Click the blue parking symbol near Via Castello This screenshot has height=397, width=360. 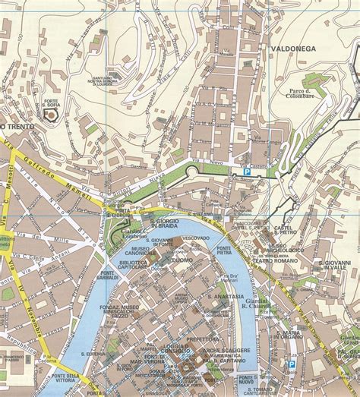pyautogui.click(x=246, y=173)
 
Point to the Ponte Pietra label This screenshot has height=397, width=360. pyautogui.click(x=224, y=251)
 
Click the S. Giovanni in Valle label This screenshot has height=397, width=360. pyautogui.click(x=332, y=268)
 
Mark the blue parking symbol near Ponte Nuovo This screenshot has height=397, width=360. pyautogui.click(x=291, y=364)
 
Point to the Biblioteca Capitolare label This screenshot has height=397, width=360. pyautogui.click(x=134, y=263)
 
